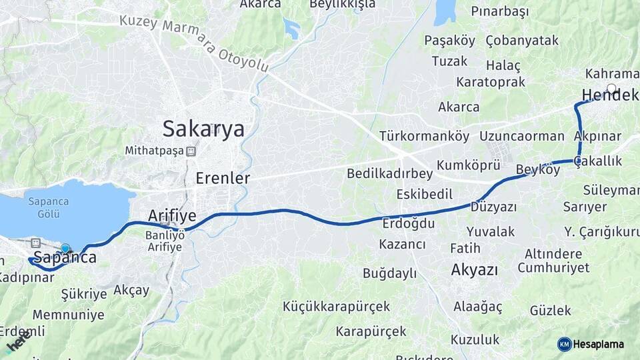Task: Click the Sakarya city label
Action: pyautogui.click(x=203, y=128)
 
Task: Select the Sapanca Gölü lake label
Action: pyautogui.click(x=45, y=207)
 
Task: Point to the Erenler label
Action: pyautogui.click(x=223, y=178)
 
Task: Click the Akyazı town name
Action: pyautogui.click(x=475, y=270)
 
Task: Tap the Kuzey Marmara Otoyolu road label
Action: pyautogui.click(x=193, y=42)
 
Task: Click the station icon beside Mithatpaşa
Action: pyautogui.click(x=191, y=151)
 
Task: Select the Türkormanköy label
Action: pyautogui.click(x=424, y=136)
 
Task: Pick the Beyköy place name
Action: pyautogui.click(x=538, y=170)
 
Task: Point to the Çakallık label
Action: pyautogui.click(x=597, y=161)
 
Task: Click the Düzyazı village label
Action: pyautogui.click(x=494, y=207)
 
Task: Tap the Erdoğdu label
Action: pyautogui.click(x=409, y=223)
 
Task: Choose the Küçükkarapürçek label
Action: pyautogui.click(x=336, y=307)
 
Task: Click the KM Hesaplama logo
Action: pyautogui.click(x=591, y=344)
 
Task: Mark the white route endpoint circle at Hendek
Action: pyautogui.click(x=611, y=88)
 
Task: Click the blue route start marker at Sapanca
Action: pyautogui.click(x=65, y=249)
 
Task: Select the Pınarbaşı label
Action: pyautogui.click(x=499, y=11)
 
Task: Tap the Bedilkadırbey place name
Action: pyautogui.click(x=389, y=173)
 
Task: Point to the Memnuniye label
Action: pyautogui.click(x=69, y=314)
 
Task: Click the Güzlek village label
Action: pyautogui.click(x=551, y=310)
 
